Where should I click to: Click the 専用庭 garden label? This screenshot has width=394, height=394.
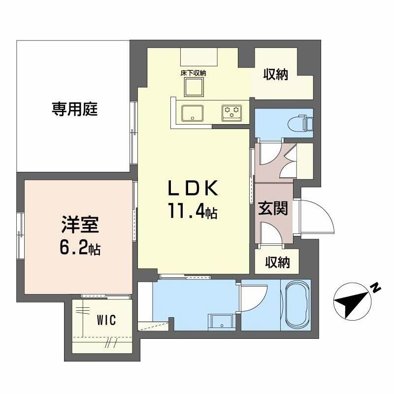tap(75, 109)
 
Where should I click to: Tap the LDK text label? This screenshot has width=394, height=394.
tap(192, 190)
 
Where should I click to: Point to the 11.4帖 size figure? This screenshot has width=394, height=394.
tap(193, 212)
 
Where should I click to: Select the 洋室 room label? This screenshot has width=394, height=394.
tap(81, 226)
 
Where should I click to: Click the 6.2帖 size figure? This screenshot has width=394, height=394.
tap(80, 249)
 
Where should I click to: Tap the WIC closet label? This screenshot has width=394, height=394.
tap(106, 320)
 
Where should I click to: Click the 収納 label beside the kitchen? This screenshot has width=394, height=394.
tap(276, 75)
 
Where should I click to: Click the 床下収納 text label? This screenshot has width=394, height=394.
tap(193, 73)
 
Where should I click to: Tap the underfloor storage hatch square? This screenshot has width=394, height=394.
tap(194, 88)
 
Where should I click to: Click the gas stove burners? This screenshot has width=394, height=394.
tap(231, 112)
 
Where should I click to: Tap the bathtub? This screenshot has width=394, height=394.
tap(295, 306)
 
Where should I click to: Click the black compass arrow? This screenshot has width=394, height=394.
tap(352, 302)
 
